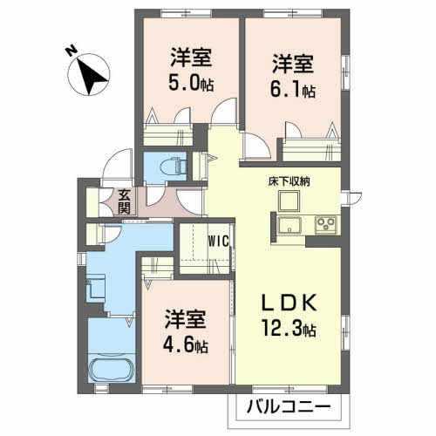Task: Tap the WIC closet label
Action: (x=217, y=242)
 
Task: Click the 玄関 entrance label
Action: (x=125, y=202)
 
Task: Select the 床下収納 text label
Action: (x=289, y=181)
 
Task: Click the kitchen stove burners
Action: (x=327, y=226)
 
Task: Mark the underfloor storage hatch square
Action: (x=289, y=200)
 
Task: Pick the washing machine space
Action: (x=96, y=288)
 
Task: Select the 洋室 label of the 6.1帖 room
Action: (x=291, y=63)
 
